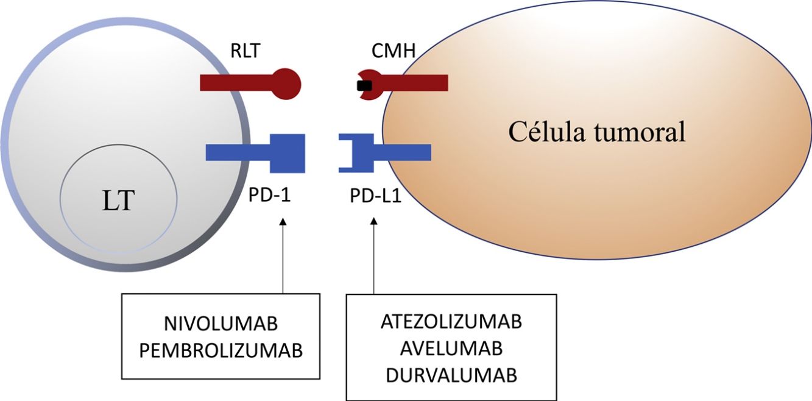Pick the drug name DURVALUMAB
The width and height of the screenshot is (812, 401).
point(451,375)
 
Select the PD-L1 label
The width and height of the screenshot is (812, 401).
point(375,198)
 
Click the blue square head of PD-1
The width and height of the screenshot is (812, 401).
point(287,152)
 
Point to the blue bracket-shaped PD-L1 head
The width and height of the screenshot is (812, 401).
point(357,152)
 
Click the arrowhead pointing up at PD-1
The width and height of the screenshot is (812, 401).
point(283,224)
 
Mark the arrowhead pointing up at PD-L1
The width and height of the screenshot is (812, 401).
point(374,224)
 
